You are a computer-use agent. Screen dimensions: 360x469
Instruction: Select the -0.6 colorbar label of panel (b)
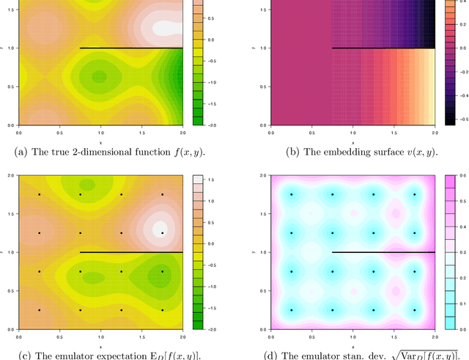pos(458,118)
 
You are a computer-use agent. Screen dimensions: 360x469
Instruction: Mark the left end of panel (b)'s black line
pos(332,48)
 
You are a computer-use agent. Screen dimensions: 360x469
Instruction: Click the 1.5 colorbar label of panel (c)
pos(208,179)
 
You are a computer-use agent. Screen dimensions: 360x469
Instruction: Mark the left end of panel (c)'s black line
pos(80,252)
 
